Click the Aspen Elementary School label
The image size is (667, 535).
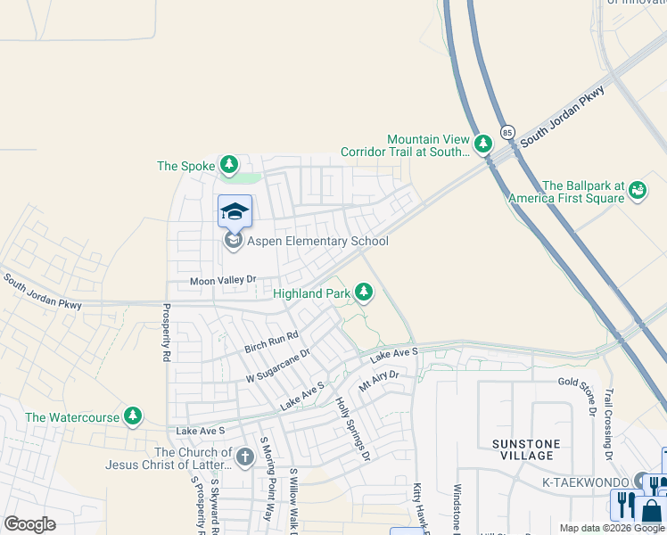(318, 241)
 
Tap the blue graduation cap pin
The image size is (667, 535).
(235, 210)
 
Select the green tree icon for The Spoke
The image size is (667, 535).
(229, 165)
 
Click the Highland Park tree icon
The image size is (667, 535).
(363, 292)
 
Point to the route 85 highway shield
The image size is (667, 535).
(507, 131)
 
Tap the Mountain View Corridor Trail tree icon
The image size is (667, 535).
(482, 144)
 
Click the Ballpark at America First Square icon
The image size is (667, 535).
(637, 189)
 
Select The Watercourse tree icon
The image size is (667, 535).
(133, 416)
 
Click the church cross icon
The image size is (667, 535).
(245, 458)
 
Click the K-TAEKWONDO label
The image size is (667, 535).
(592, 481)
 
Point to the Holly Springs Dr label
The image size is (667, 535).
(352, 429)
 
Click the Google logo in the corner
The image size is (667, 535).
(29, 524)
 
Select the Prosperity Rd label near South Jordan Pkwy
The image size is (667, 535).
(166, 333)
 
